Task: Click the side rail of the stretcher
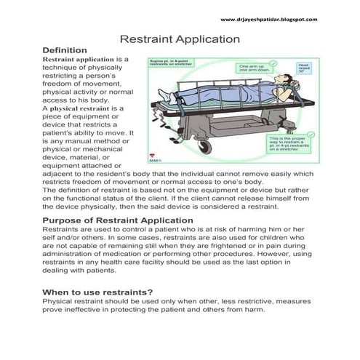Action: (x=218, y=109)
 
